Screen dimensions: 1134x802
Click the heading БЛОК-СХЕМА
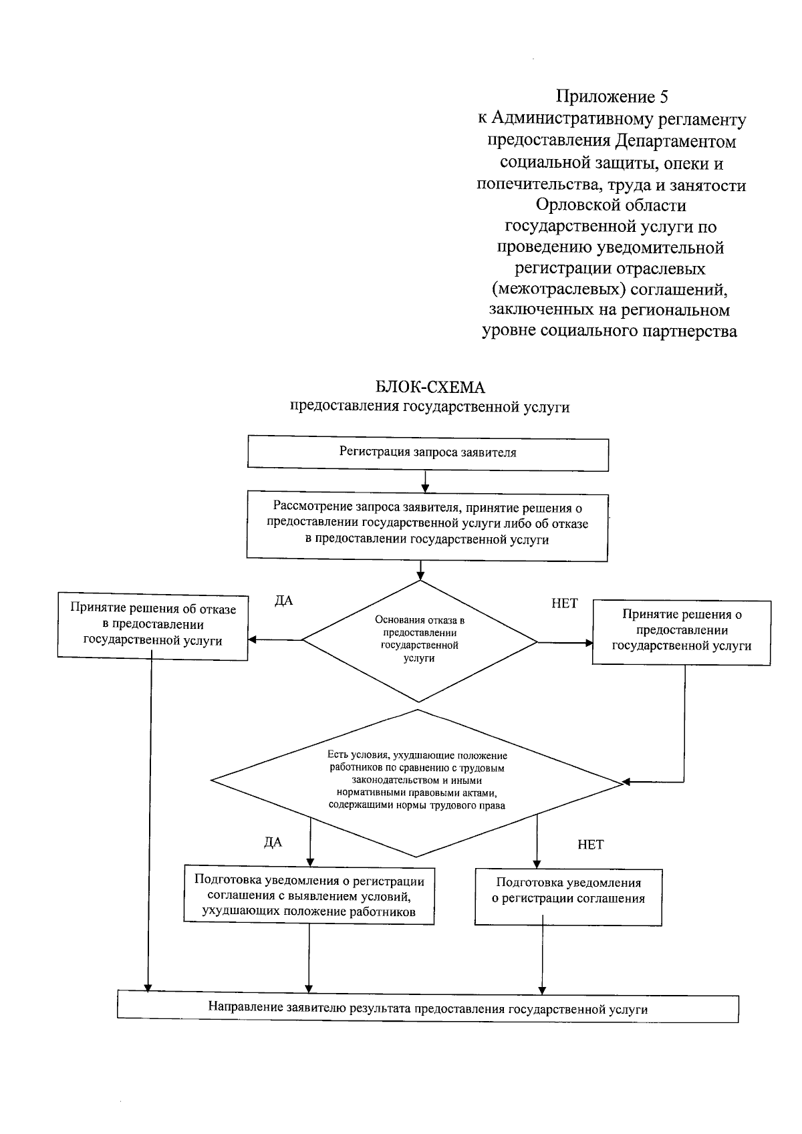click(x=430, y=388)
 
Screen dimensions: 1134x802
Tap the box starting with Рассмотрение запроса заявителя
click(x=427, y=525)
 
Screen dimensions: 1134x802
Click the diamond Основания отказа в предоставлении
click(x=420, y=640)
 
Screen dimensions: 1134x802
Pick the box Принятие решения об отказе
click(x=152, y=625)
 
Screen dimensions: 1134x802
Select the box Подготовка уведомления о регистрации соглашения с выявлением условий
click(x=309, y=896)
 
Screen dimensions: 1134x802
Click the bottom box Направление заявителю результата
click(x=428, y=1009)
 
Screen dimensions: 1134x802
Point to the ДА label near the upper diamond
click(x=284, y=601)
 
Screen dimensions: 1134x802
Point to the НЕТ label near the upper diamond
click(x=564, y=603)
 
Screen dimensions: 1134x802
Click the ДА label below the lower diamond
click(x=273, y=843)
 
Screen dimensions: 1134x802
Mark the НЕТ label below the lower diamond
click(x=590, y=845)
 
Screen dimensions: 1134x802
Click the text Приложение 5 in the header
click(x=612, y=98)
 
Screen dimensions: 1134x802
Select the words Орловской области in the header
click(x=611, y=205)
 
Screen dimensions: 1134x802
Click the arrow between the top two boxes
click(x=424, y=480)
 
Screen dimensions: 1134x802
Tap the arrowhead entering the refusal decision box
click(x=253, y=640)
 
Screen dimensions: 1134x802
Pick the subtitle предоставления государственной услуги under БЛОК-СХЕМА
click(x=429, y=407)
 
